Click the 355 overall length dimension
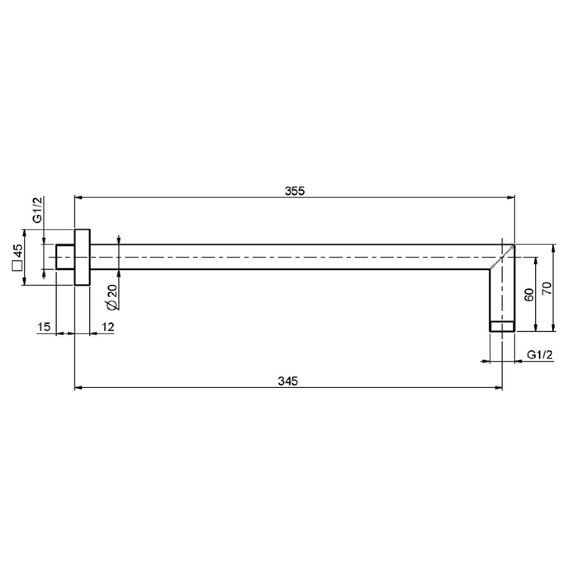pos(294,191)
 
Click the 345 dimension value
pos(288,381)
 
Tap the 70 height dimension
pos(547,288)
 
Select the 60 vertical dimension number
pos(529,295)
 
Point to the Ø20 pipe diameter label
pos(113,297)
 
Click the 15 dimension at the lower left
pos(44,327)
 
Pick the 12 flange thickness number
pos(108,327)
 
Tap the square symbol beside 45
pos(17,266)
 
